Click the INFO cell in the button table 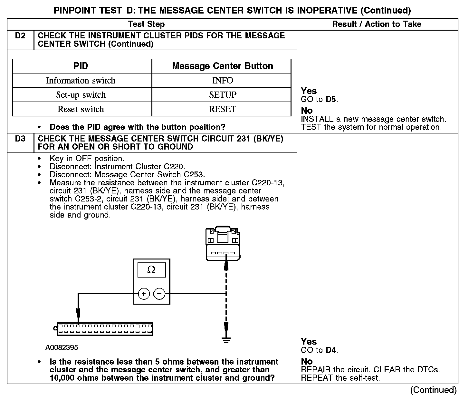[x=222, y=81]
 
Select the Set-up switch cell [x=81, y=95]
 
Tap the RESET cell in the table [x=222, y=109]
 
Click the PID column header [x=81, y=66]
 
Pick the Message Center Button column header [x=222, y=66]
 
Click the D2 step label [x=20, y=36]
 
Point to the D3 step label [x=20, y=139]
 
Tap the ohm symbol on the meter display [x=151, y=270]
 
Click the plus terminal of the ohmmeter [x=144, y=294]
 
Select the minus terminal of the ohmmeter [x=159, y=294]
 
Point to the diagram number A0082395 [x=62, y=348]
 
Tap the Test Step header [x=146, y=24]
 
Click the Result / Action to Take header [x=377, y=24]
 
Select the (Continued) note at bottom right [x=433, y=390]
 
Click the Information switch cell [x=81, y=81]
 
